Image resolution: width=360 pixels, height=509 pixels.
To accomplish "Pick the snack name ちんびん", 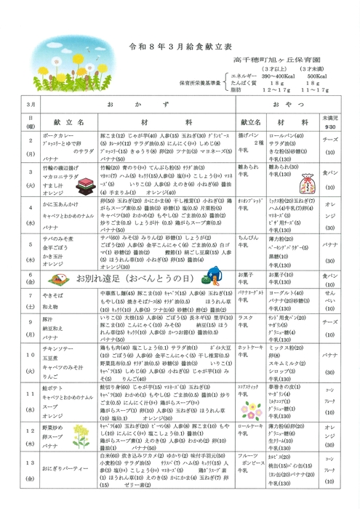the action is pyautogui.click(x=249, y=237).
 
